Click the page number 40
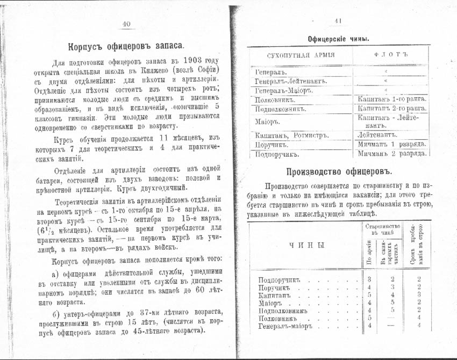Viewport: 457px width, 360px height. (x=127, y=23)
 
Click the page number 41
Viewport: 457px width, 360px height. (x=338, y=21)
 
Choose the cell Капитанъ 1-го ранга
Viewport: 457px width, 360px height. (x=392, y=99)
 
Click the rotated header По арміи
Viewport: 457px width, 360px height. (x=369, y=254)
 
